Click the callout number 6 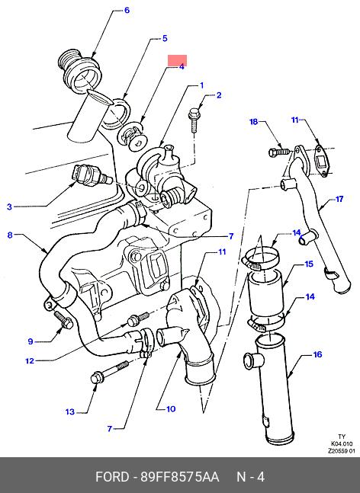tap(127, 11)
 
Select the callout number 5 tap(165, 38)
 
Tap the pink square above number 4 tap(177, 60)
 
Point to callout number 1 tap(201, 85)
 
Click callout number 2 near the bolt tap(219, 95)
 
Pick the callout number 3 tap(9, 206)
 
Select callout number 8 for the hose tap(10, 235)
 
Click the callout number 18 tap(254, 122)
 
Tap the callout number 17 tap(339, 199)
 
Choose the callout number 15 tap(309, 264)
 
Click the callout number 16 tap(318, 354)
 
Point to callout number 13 tap(70, 412)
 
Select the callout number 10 tap(171, 409)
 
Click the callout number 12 tap(30, 361)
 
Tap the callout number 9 tap(31, 341)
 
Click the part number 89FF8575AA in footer tap(179, 477)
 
